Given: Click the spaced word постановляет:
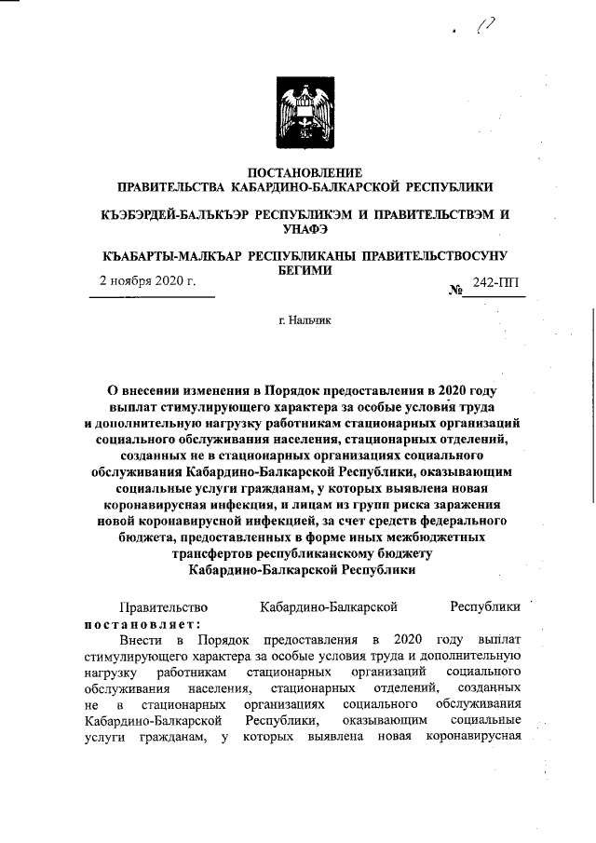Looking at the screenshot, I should click(x=140, y=623).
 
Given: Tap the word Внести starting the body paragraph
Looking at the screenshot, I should click(x=140, y=640).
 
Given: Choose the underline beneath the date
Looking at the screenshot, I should click(x=152, y=296).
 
